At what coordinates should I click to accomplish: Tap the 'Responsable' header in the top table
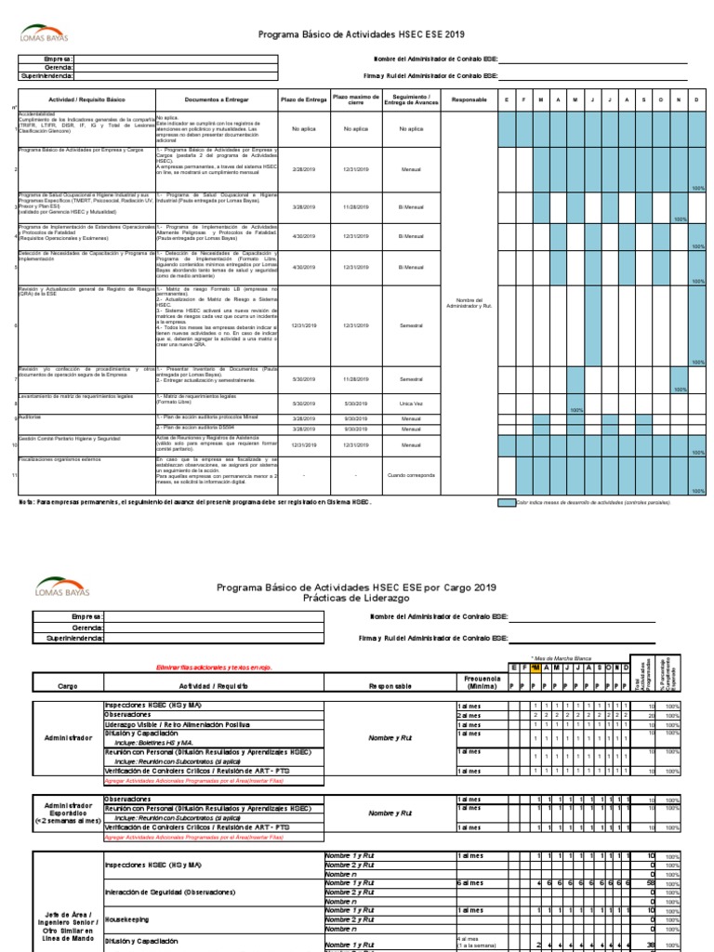coord(468,99)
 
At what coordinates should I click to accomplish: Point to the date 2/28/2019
coord(304,169)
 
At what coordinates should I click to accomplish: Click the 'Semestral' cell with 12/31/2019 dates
coord(411,325)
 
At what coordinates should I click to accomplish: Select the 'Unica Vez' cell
coord(411,403)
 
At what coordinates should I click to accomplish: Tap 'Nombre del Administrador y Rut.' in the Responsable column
coord(468,304)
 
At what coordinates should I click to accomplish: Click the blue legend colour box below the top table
coord(506,502)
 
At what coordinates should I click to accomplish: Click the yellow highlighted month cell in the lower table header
coord(535,668)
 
